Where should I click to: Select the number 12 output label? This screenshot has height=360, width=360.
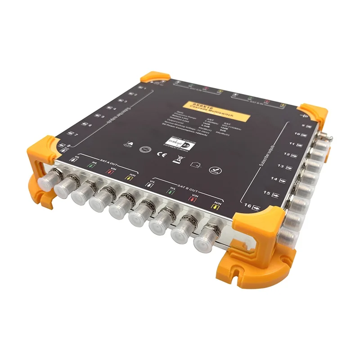(x=287, y=154)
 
